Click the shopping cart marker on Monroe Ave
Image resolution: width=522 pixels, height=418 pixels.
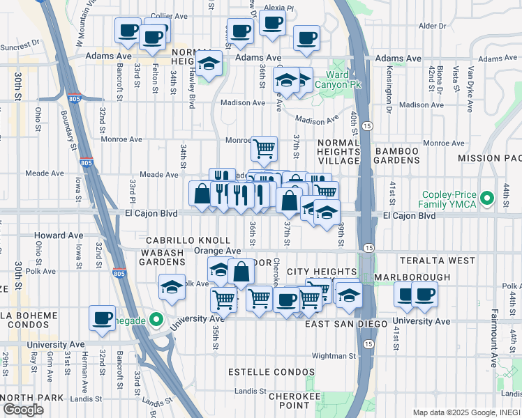(x=264, y=148)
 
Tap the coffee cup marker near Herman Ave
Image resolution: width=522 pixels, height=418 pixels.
(x=102, y=318)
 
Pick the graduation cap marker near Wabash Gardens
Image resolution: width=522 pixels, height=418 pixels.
(x=172, y=286)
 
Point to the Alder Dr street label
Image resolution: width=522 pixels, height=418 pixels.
(x=432, y=26)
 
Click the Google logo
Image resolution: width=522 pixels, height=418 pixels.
(x=23, y=410)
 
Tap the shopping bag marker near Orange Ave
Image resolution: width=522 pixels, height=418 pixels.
(x=241, y=273)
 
